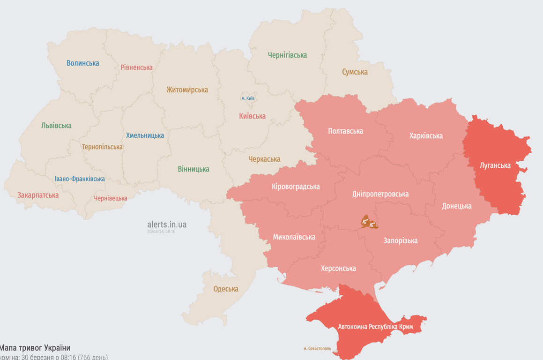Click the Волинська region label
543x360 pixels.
[x=82, y=63]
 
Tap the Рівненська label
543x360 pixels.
[x=136, y=67]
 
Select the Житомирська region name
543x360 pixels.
[x=187, y=90]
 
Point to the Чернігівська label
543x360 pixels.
[x=287, y=55]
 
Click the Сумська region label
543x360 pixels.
[x=355, y=72]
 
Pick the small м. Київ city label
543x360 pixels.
[x=248, y=98]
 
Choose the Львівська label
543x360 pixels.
[x=56, y=126]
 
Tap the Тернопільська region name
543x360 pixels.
[x=102, y=147]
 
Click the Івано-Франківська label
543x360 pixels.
[x=80, y=179]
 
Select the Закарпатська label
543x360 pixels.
[x=38, y=195]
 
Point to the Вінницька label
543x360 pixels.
[x=193, y=169]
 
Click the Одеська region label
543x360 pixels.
[x=226, y=289]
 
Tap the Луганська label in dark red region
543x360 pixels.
[x=495, y=165]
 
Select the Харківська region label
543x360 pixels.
[x=426, y=136]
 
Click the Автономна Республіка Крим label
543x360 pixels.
[x=375, y=326]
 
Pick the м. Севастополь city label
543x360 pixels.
[x=317, y=348]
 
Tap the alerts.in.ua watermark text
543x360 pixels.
[x=167, y=225]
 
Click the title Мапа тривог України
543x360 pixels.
[x=35, y=348]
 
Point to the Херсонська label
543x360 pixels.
[x=338, y=269]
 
